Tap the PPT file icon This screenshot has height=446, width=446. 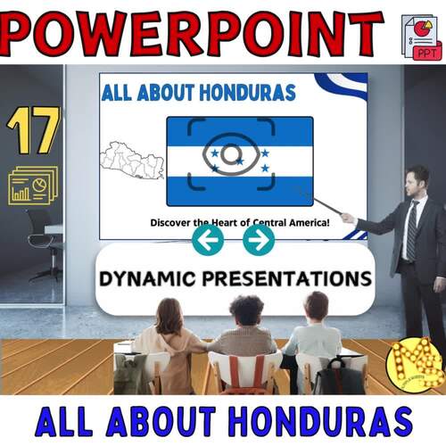point(421,37)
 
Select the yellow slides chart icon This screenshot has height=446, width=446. point(33,186)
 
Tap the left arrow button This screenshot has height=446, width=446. point(207,239)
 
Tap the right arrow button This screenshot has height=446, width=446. point(259,239)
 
